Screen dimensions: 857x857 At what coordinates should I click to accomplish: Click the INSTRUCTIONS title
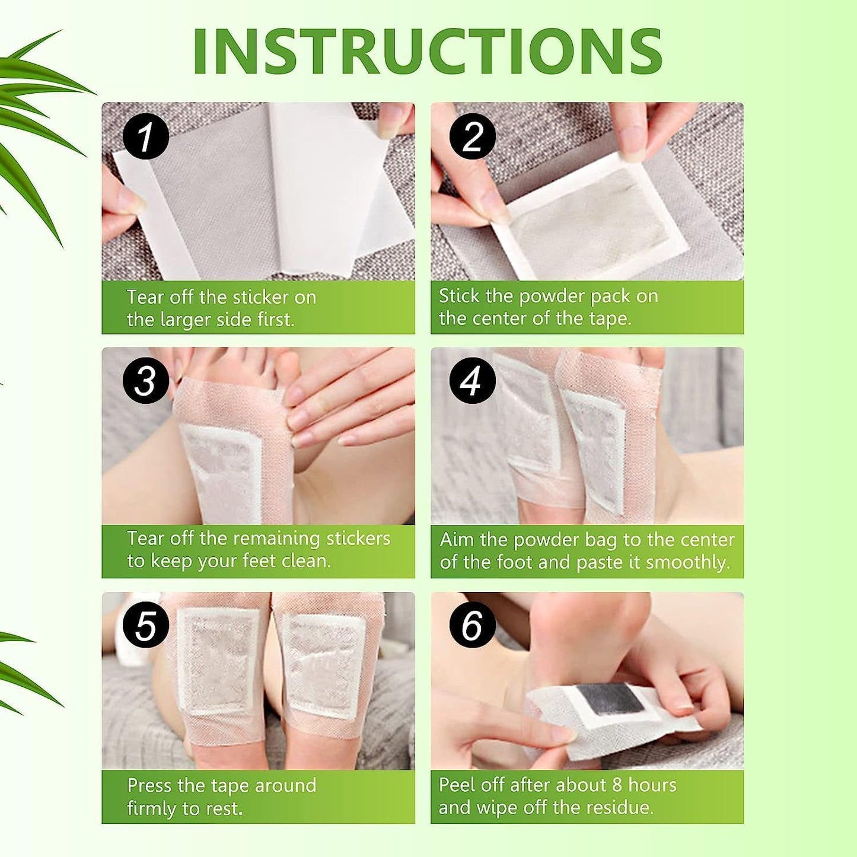pos(427,51)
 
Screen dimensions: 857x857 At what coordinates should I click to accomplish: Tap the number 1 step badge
pos(145,136)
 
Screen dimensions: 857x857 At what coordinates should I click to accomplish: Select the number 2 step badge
pos(472,136)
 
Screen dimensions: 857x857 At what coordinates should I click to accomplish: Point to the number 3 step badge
pos(145,380)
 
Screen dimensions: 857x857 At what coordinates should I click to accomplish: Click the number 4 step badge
pos(472,380)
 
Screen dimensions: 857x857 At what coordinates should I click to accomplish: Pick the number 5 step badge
pos(145,626)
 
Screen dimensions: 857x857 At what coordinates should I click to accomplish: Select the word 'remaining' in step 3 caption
pos(275,539)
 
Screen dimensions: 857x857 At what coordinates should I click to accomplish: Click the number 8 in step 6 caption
pos(617,785)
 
